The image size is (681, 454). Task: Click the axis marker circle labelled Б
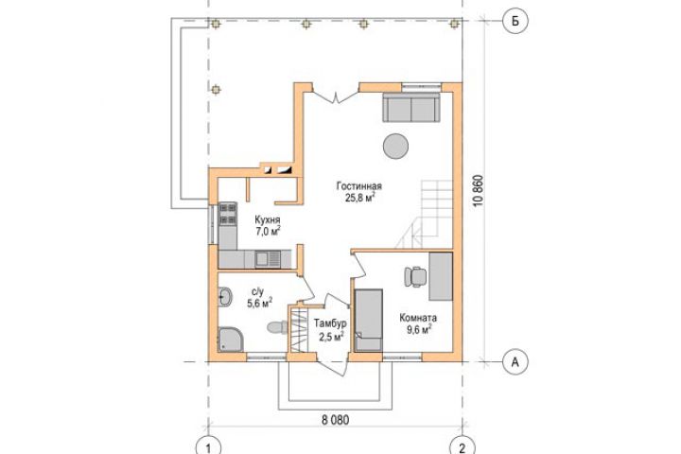coord(515,21)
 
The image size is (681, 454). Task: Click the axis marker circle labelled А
coord(515,361)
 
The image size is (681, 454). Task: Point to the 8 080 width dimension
coord(335,420)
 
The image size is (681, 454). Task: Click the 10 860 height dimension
coord(479,191)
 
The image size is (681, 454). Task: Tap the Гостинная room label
coord(359,186)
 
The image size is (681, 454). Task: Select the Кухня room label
coord(268,219)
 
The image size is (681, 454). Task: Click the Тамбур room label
coord(330,323)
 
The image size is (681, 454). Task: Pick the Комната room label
coord(418,318)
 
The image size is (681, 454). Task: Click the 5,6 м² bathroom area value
coord(260,303)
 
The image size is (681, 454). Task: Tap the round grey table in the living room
coord(395,147)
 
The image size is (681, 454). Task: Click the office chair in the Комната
coord(415,277)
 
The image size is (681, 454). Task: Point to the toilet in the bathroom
coord(277,327)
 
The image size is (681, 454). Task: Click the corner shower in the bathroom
coord(230,339)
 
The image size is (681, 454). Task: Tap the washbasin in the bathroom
coord(225,298)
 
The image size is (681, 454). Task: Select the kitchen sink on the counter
coord(268,259)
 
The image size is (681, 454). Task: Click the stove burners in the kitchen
coord(228,215)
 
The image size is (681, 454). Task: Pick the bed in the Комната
coord(368,320)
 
